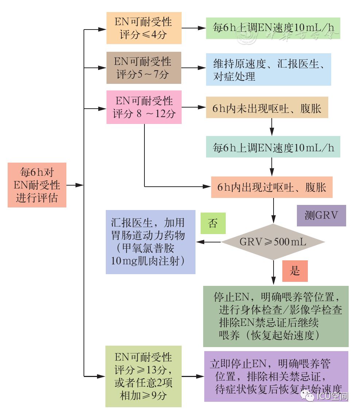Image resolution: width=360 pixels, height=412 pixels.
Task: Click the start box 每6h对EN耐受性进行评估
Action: pyautogui.click(x=37, y=185)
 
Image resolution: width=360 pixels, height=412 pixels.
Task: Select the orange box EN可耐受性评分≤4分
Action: pyautogui.click(x=144, y=28)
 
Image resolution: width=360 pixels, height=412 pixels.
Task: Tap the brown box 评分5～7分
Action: pyautogui.click(x=144, y=68)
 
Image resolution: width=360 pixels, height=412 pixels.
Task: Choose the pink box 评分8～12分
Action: pyautogui.click(x=144, y=107)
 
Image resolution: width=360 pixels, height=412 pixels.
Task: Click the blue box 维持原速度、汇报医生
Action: pyautogui.click(x=268, y=70)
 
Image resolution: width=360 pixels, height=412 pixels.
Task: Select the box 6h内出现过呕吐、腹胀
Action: pyautogui.click(x=272, y=187)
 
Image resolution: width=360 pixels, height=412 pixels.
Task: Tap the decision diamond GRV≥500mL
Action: pyautogui.click(x=273, y=242)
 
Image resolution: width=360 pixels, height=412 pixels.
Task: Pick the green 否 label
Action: pyautogui.click(x=213, y=223)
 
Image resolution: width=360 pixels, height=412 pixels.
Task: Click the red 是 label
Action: pyautogui.click(x=295, y=271)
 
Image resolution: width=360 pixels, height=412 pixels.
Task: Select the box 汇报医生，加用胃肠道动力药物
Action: pyautogui.click(x=150, y=242)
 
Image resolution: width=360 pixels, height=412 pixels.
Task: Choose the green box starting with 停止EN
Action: pyautogui.click(x=275, y=316)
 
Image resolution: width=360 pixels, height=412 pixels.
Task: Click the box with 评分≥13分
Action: pyautogui.click(x=143, y=376)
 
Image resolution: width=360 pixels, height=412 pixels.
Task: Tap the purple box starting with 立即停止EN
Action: pyautogui.click(x=276, y=376)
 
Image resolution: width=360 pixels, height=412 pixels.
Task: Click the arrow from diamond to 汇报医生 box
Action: pyautogui.click(x=209, y=242)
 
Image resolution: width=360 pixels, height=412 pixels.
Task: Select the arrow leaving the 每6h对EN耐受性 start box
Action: pyautogui.click(x=75, y=185)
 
